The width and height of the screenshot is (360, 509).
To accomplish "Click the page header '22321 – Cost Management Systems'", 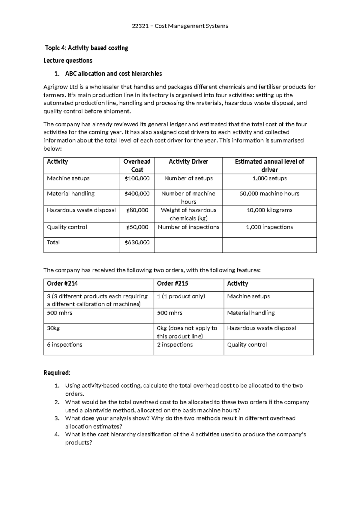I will pos(180,26).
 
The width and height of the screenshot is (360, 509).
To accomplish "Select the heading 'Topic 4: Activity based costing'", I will pos(86,48).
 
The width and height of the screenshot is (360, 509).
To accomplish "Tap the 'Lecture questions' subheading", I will pos(68,61).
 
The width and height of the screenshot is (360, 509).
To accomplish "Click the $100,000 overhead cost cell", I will pos(137,179).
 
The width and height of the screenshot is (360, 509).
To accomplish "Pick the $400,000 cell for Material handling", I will pos(137,194).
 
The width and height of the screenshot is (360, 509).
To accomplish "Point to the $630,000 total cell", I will pos(137,242).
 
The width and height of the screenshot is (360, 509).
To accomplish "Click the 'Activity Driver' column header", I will pos(188,162).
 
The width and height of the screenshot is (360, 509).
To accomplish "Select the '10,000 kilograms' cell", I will pos(269,210).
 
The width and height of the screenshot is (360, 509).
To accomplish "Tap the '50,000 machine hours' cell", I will pos(269,194).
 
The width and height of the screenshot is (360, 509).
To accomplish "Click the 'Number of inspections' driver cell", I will pos(188,227).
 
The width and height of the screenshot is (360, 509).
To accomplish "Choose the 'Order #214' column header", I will pos(62,284).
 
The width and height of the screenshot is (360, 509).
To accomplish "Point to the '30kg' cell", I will pos(53,328).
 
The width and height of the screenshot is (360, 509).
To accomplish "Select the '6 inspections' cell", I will pos(64,345).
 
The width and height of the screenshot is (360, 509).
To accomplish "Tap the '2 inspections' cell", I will pos(175,345).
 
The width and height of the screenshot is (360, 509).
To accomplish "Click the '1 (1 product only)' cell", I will pos(181,297).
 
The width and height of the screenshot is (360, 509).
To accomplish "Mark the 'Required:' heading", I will pos(57,373).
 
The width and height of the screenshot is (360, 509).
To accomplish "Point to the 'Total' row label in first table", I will pos(53,242).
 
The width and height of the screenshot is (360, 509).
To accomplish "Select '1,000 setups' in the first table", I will pos(269,179).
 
